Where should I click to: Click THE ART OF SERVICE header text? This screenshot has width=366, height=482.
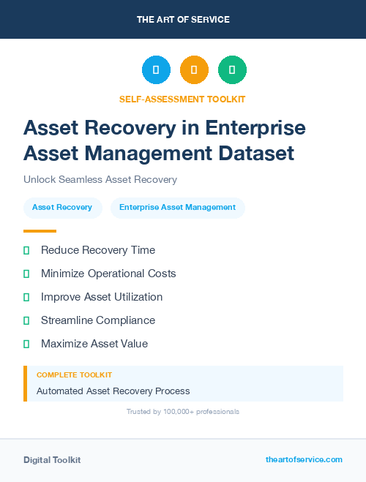(183, 20)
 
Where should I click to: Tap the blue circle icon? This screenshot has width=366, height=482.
(156, 69)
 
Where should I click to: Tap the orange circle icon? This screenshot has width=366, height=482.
(194, 69)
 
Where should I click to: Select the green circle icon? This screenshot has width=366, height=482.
(232, 69)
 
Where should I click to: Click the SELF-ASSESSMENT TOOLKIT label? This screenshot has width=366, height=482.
(182, 99)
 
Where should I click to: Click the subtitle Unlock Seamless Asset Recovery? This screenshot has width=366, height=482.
(100, 179)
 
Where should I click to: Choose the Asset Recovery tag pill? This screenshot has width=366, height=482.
(62, 208)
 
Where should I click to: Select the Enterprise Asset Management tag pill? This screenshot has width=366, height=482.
(177, 208)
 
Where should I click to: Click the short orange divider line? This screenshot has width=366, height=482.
(40, 231)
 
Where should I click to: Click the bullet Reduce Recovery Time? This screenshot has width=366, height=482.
(97, 250)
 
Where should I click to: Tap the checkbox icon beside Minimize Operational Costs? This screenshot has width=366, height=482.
(26, 274)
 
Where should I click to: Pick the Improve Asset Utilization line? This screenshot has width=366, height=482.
(101, 297)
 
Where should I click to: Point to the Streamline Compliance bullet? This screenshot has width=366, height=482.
(97, 320)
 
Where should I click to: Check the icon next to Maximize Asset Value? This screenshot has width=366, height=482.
(26, 344)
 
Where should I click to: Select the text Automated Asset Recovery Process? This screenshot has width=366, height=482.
(113, 391)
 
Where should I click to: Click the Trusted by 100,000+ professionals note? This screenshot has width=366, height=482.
(182, 412)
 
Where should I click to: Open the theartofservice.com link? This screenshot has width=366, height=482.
(304, 459)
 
